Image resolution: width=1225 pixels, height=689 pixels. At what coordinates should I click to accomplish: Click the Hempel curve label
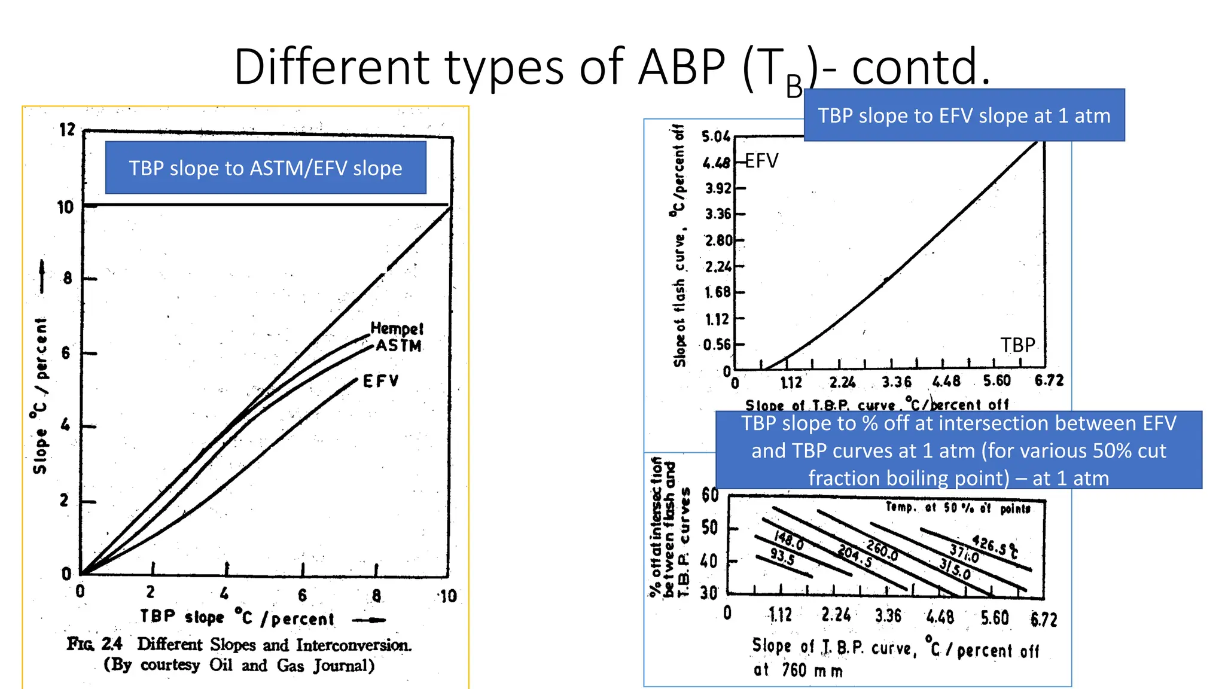[397, 328]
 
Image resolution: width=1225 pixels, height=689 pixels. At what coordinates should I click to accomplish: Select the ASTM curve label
[398, 346]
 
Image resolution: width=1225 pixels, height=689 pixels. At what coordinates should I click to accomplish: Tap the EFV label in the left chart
[380, 381]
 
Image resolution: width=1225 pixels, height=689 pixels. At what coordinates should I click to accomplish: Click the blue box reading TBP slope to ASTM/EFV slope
[266, 168]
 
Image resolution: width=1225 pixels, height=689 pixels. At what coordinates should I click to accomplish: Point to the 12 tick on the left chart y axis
[68, 129]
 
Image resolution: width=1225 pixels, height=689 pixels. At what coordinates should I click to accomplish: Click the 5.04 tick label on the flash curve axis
[716, 137]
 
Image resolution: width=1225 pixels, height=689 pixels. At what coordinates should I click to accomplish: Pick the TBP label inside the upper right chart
[1017, 345]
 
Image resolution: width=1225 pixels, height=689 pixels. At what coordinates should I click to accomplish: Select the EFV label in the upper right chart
[761, 161]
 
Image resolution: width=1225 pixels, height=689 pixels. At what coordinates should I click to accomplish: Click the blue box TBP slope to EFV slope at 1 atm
[964, 115]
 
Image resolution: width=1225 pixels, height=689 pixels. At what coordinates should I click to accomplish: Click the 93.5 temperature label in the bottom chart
[782, 556]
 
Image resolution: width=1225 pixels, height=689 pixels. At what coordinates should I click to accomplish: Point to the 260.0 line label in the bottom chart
[882, 550]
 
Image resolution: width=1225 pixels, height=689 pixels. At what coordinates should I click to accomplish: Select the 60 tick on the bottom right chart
[710, 495]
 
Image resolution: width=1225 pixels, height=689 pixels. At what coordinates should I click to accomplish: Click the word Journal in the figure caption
[345, 666]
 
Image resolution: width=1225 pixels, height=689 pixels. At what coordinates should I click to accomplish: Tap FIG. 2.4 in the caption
[95, 644]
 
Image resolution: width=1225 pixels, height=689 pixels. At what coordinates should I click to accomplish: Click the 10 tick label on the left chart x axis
[447, 596]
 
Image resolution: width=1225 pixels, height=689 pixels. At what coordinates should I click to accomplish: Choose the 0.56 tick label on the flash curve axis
[717, 344]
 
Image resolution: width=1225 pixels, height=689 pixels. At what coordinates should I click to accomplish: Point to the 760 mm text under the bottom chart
[812, 670]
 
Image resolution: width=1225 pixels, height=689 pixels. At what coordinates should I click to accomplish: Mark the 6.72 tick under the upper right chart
[1049, 381]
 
